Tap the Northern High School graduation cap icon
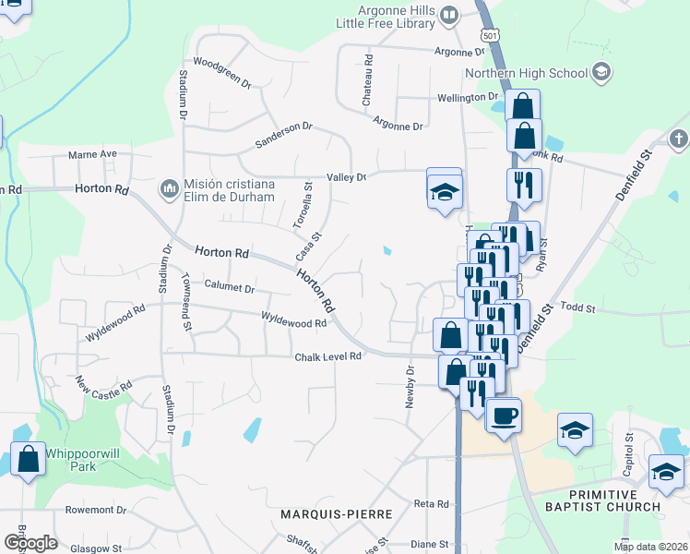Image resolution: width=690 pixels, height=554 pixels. point(601,72)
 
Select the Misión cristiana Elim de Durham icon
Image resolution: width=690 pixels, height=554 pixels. point(169,189)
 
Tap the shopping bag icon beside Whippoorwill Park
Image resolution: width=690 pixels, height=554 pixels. point(28,459)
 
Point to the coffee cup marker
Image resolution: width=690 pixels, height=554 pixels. point(504,415)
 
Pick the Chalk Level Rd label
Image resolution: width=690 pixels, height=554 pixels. point(327,357)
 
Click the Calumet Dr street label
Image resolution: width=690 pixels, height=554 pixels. point(229,288)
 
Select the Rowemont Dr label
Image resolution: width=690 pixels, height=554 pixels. point(95,509)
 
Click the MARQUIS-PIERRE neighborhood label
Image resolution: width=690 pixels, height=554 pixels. point(338,513)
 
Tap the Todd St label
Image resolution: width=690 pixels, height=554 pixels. point(577,307)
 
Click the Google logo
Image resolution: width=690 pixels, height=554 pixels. point(30,543)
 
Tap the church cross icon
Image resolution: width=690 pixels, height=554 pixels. point(678,139)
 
